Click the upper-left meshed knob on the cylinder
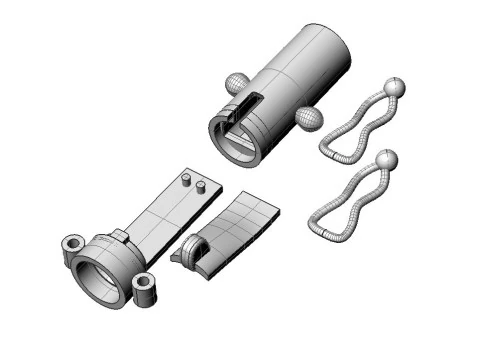[236, 83]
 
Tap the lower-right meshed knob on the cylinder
[309, 120]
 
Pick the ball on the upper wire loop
[395, 88]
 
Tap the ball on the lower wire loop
[386, 158]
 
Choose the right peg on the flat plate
[200, 185]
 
